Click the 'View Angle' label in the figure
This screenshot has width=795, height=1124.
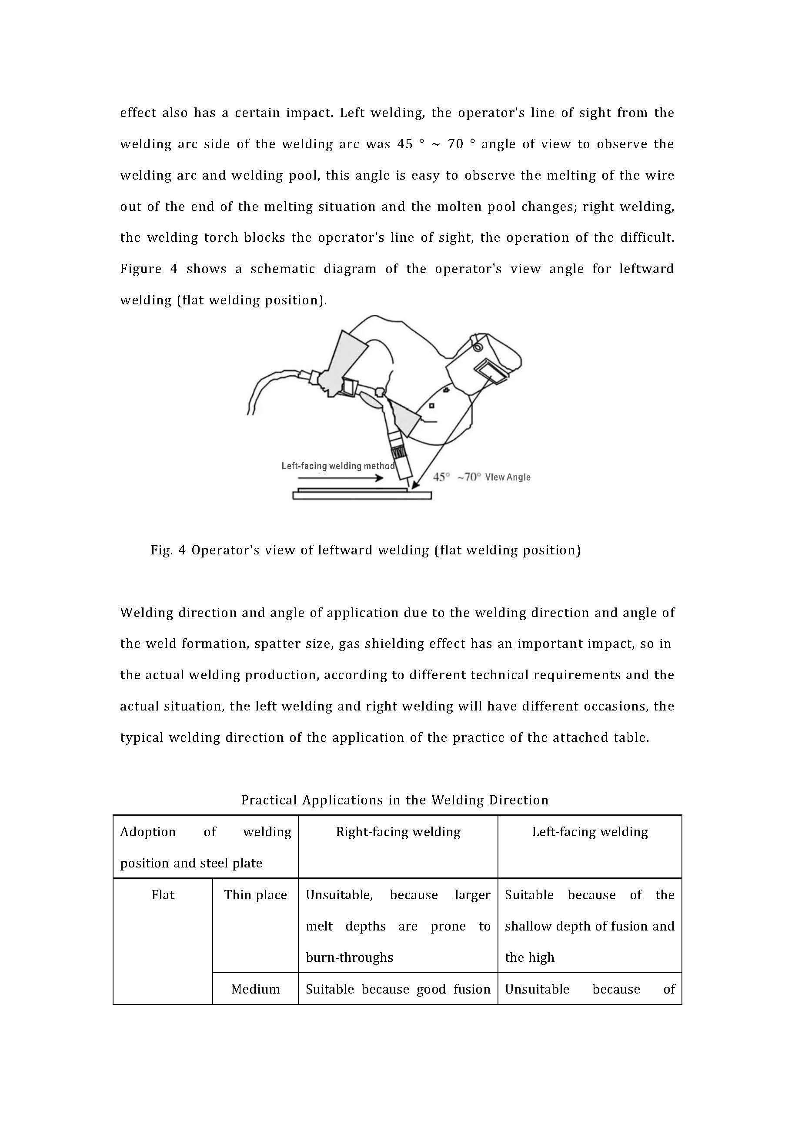tap(508, 477)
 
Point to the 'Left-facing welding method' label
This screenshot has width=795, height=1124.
tap(338, 466)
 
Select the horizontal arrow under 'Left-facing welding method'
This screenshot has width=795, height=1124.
tap(340, 478)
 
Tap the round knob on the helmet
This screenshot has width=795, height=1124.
tap(478, 347)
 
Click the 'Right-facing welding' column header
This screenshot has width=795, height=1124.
tap(398, 832)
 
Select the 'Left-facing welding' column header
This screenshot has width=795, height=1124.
tap(590, 832)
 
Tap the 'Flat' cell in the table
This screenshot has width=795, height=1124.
tap(163, 895)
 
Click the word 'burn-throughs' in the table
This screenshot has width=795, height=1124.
tap(349, 957)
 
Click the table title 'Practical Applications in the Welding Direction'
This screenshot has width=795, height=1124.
tap(394, 800)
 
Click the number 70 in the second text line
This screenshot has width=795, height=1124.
tap(455, 144)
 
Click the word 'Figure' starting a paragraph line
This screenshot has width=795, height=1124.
tap(140, 269)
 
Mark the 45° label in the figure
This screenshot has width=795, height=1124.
tap(441, 477)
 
